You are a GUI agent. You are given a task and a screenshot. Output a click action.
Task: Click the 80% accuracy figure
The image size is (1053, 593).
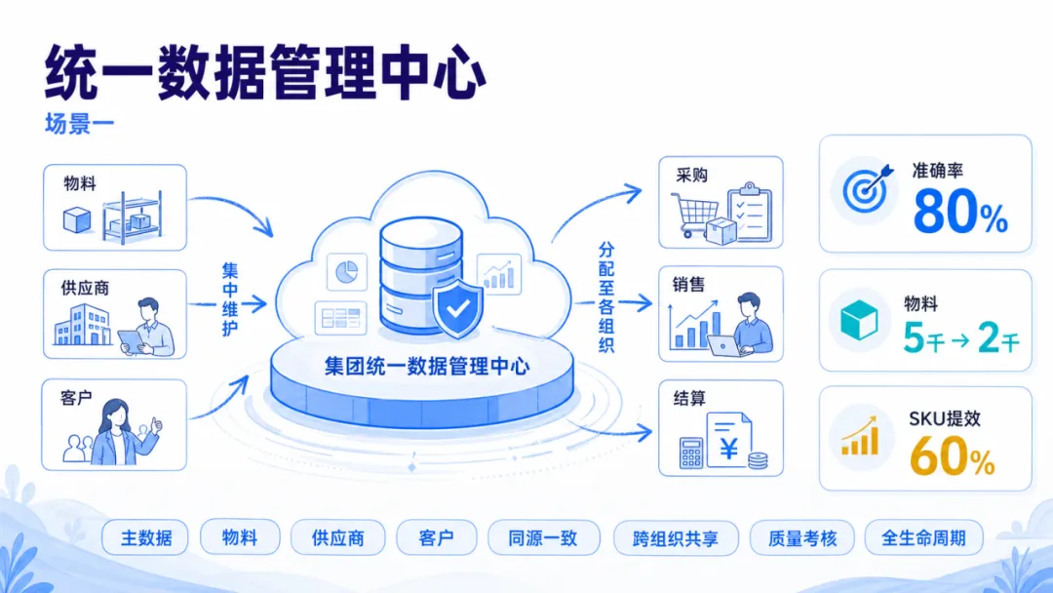(x=960, y=211)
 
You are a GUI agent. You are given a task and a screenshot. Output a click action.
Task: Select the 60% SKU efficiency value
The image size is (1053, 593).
(x=953, y=456)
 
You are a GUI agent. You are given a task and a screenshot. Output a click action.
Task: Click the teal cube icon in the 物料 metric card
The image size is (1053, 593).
(x=859, y=320)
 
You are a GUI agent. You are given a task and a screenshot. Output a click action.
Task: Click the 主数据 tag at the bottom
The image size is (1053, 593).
(x=145, y=537)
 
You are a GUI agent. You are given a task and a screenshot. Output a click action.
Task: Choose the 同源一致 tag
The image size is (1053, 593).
(x=543, y=538)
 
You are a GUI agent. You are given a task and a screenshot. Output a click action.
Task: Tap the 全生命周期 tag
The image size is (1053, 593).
(x=923, y=538)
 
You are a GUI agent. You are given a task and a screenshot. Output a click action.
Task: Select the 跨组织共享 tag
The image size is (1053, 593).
(x=676, y=538)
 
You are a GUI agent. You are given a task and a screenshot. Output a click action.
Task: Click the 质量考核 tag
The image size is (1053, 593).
(x=801, y=538)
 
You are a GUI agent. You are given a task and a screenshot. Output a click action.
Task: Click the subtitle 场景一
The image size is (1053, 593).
(x=79, y=124)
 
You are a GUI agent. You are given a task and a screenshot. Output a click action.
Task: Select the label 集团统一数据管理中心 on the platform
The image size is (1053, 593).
(x=427, y=366)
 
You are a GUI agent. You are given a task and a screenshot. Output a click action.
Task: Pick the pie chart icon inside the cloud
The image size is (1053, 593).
(x=346, y=272)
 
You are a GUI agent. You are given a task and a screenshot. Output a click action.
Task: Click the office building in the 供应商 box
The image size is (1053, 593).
(x=83, y=325)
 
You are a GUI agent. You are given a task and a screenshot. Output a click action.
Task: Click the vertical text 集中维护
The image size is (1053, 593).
(x=230, y=299)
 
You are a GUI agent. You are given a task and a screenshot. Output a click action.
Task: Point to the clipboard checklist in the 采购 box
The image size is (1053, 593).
(x=750, y=212)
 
